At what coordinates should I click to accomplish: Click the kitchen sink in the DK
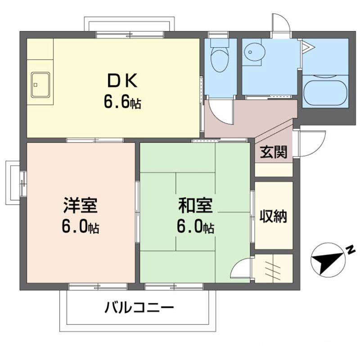pos(40,84)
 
